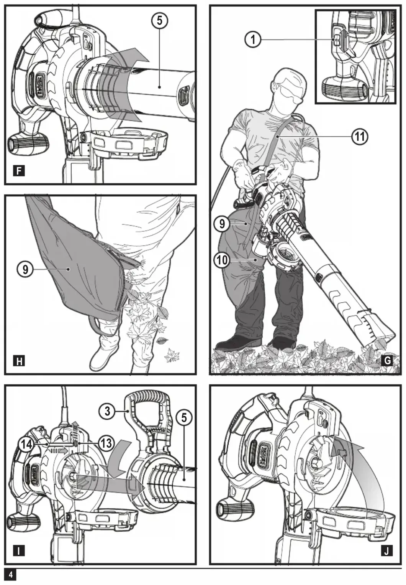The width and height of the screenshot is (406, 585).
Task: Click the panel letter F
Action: tap(18, 171)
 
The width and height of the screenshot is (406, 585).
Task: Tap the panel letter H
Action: tap(19, 361)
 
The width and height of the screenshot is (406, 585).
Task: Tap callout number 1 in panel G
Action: tap(253, 40)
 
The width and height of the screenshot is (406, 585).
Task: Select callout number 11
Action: tap(360, 137)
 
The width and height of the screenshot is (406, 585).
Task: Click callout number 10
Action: tap(222, 260)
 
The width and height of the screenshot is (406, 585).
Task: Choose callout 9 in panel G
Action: tap(222, 224)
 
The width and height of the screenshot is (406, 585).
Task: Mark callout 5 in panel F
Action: tap(159, 20)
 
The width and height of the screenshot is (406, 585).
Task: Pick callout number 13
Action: tap(106, 443)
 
